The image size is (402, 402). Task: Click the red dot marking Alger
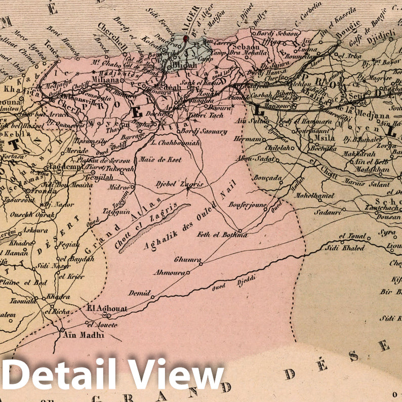tap(186, 38)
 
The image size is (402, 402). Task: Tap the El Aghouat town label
tap(107, 308)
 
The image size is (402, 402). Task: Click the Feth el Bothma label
tap(222, 234)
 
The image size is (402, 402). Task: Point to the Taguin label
tap(110, 214)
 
